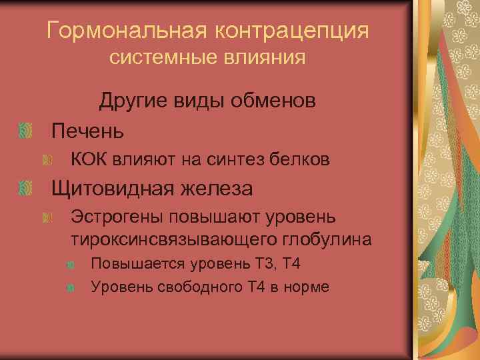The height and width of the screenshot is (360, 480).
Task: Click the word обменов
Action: (x=266, y=101)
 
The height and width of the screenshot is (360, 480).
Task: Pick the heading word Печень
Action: (x=88, y=130)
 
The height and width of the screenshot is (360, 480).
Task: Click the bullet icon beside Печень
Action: (x=26, y=130)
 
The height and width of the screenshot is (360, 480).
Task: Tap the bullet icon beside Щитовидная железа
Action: (x=26, y=189)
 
